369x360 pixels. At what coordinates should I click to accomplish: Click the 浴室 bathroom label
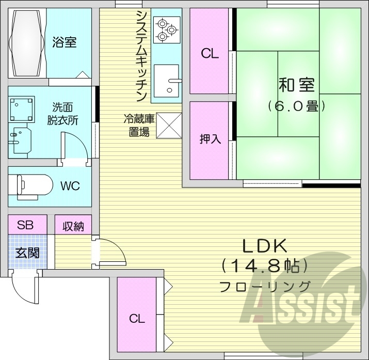(x=64, y=42)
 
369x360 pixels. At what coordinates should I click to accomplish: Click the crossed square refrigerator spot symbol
(x=168, y=126)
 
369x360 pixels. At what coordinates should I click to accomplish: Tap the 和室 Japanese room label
(x=296, y=84)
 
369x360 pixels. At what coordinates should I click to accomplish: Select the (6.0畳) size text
(x=296, y=106)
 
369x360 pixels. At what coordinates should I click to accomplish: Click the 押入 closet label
(x=210, y=139)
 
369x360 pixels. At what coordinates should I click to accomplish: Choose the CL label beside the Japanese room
(x=210, y=53)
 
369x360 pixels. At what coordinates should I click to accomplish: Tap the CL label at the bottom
(x=137, y=318)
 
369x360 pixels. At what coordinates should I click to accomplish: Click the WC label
(x=70, y=186)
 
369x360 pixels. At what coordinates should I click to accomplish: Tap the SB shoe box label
(x=25, y=225)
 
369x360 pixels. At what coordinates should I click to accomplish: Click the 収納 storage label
(x=73, y=226)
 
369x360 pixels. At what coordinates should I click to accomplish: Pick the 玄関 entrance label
(x=26, y=253)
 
